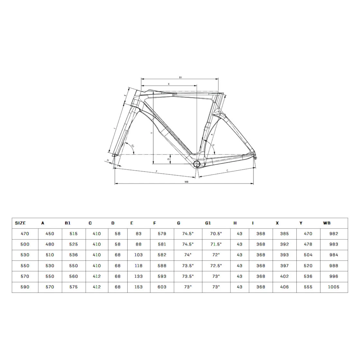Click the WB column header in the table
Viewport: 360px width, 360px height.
(327, 223)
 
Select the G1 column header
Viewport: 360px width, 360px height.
(208, 223)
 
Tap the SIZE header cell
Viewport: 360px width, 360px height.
(20, 223)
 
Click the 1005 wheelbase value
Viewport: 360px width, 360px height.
(333, 287)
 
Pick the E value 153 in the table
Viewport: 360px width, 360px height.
(139, 287)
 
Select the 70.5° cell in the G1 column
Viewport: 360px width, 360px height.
(216, 233)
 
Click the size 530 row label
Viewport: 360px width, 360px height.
(25, 255)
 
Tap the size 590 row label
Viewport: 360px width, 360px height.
(25, 287)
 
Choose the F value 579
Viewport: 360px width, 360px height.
(162, 233)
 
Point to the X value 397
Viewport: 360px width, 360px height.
(284, 265)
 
